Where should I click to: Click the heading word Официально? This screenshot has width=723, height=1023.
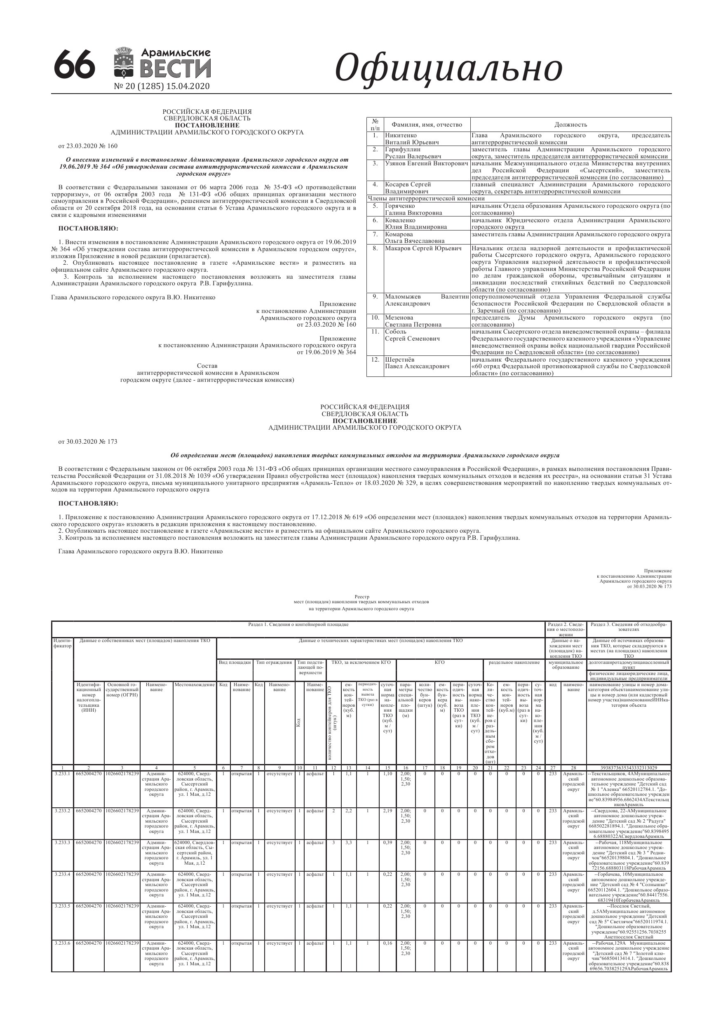click(x=448, y=68)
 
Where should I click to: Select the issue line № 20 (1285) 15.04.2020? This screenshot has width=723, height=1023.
click(x=162, y=87)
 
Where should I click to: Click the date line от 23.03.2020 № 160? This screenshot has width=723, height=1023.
click(x=88, y=146)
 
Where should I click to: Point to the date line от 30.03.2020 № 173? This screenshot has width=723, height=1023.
click(x=88, y=442)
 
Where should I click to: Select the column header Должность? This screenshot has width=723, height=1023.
click(x=570, y=125)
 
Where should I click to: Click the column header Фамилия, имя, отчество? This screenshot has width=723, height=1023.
click(x=426, y=125)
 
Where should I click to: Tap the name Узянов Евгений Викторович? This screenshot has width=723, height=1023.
click(x=426, y=164)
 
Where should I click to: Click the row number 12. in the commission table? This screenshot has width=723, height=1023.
click(x=375, y=359)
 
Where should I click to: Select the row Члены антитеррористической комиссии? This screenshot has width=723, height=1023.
click(x=426, y=198)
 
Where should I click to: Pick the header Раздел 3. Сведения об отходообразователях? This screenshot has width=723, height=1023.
click(x=629, y=627)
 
